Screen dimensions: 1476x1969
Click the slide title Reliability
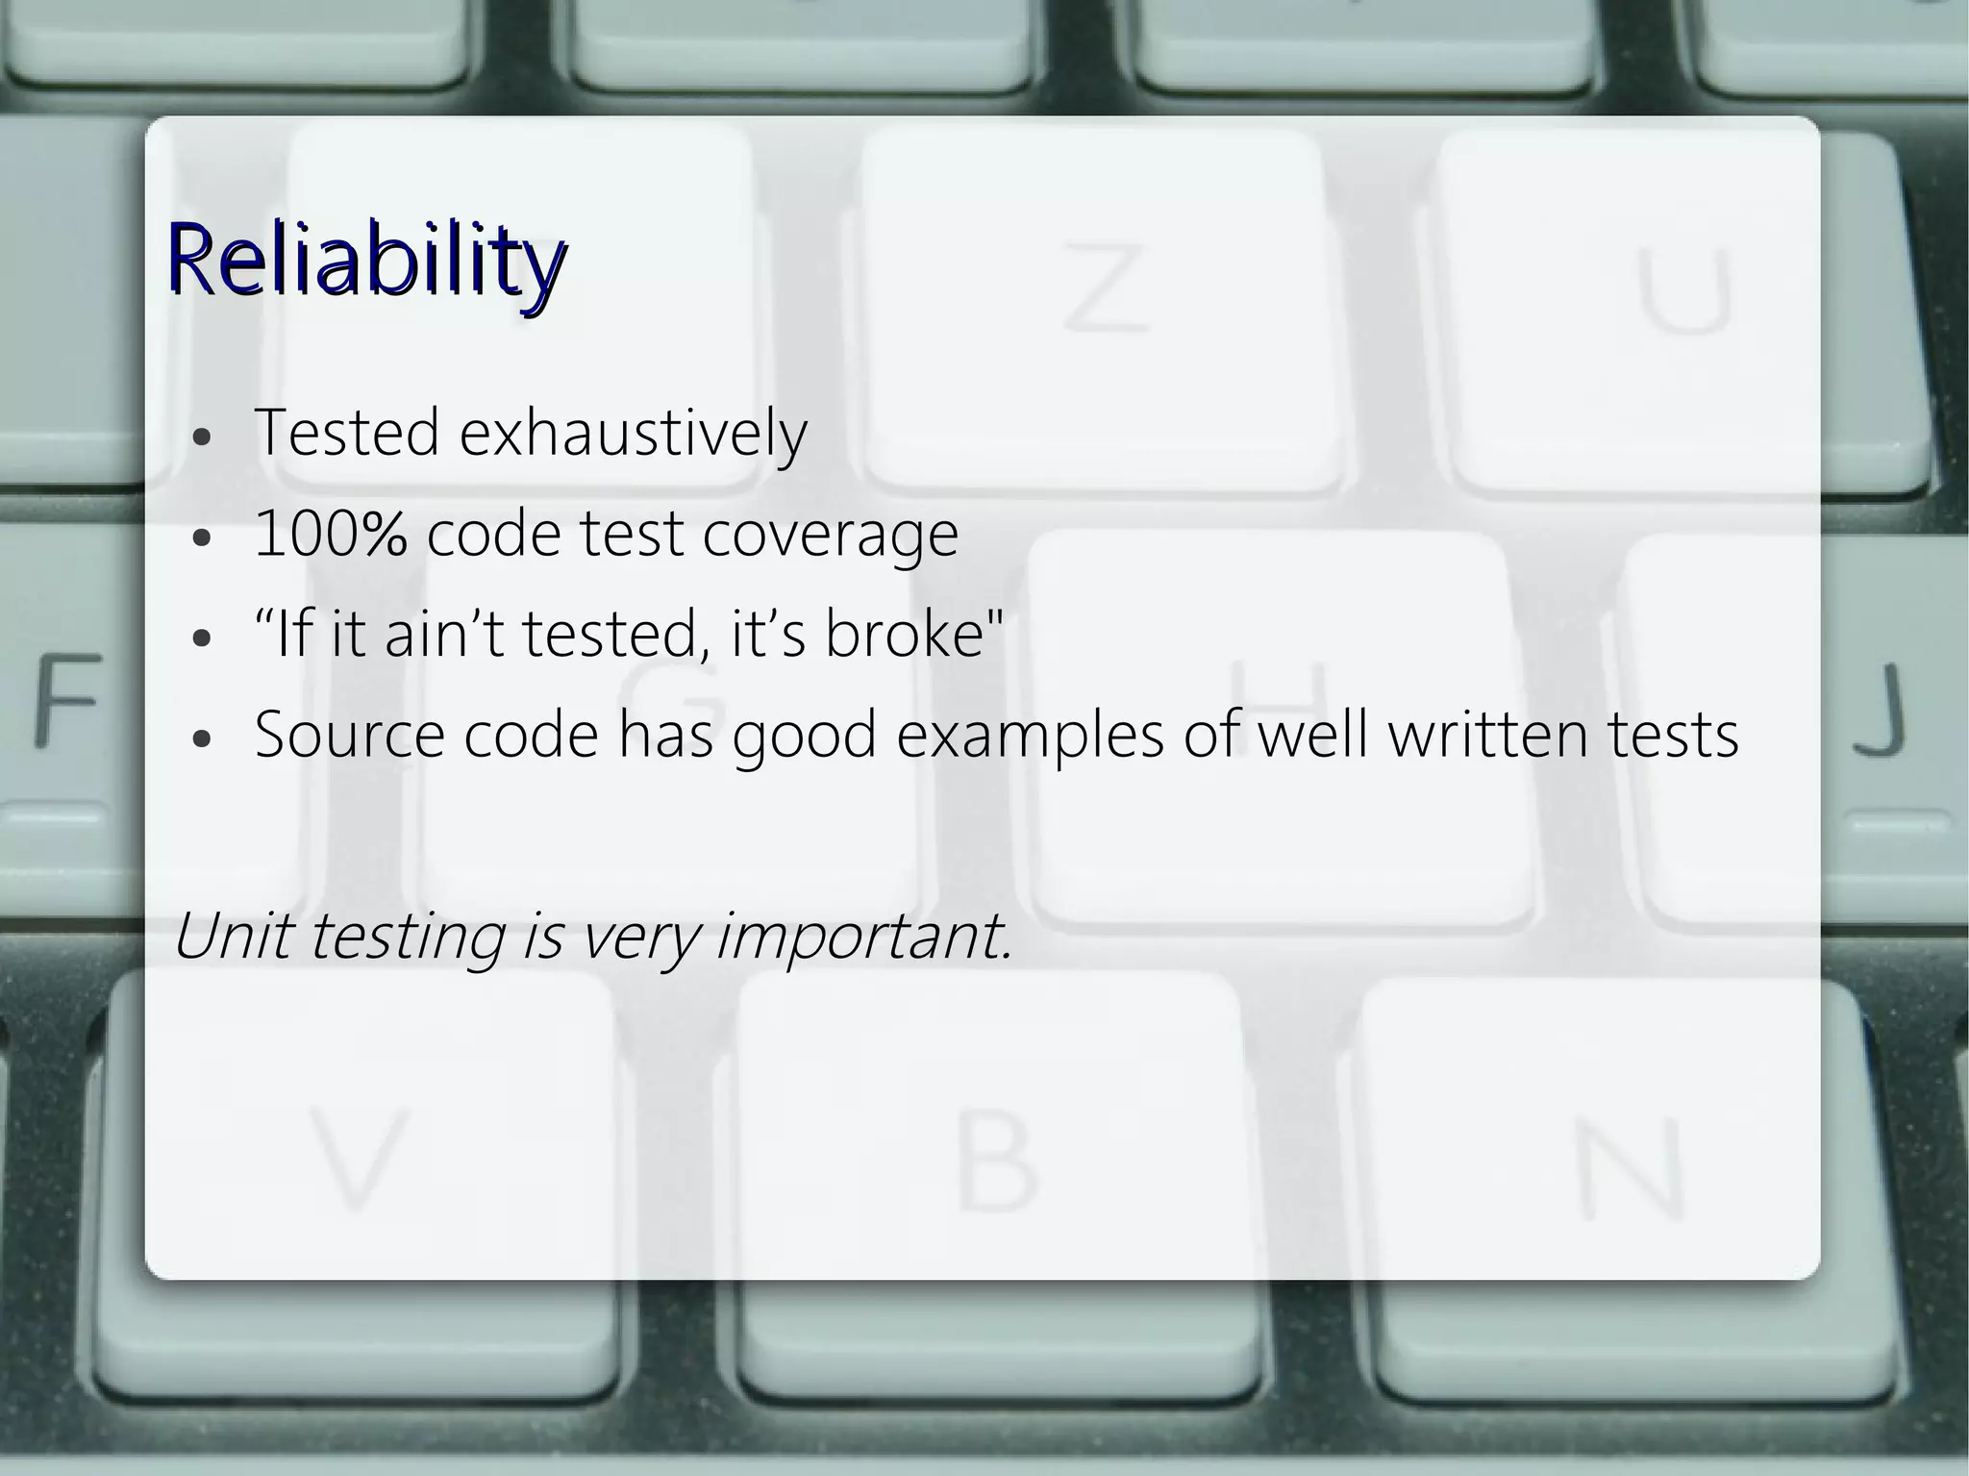(x=365, y=260)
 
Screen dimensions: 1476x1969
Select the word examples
(x=1030, y=737)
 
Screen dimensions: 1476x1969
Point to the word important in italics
(x=864, y=937)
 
